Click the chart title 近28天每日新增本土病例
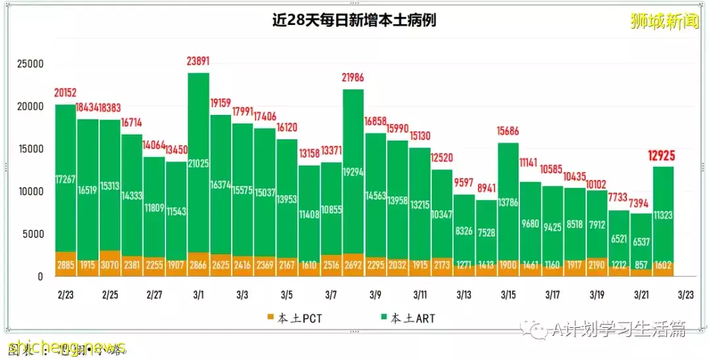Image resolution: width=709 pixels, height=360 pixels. tap(354, 20)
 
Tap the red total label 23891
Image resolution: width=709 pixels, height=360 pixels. tap(199, 62)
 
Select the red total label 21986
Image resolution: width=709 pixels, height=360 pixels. tap(353, 78)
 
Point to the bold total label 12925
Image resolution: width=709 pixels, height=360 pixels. tap(664, 156)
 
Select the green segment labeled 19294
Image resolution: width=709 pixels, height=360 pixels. tap(353, 171)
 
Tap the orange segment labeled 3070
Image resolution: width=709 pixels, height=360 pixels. tap(110, 264)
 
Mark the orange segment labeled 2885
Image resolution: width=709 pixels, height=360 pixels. tap(66, 264)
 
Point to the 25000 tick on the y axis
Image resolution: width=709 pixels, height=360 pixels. tap(30, 64)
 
